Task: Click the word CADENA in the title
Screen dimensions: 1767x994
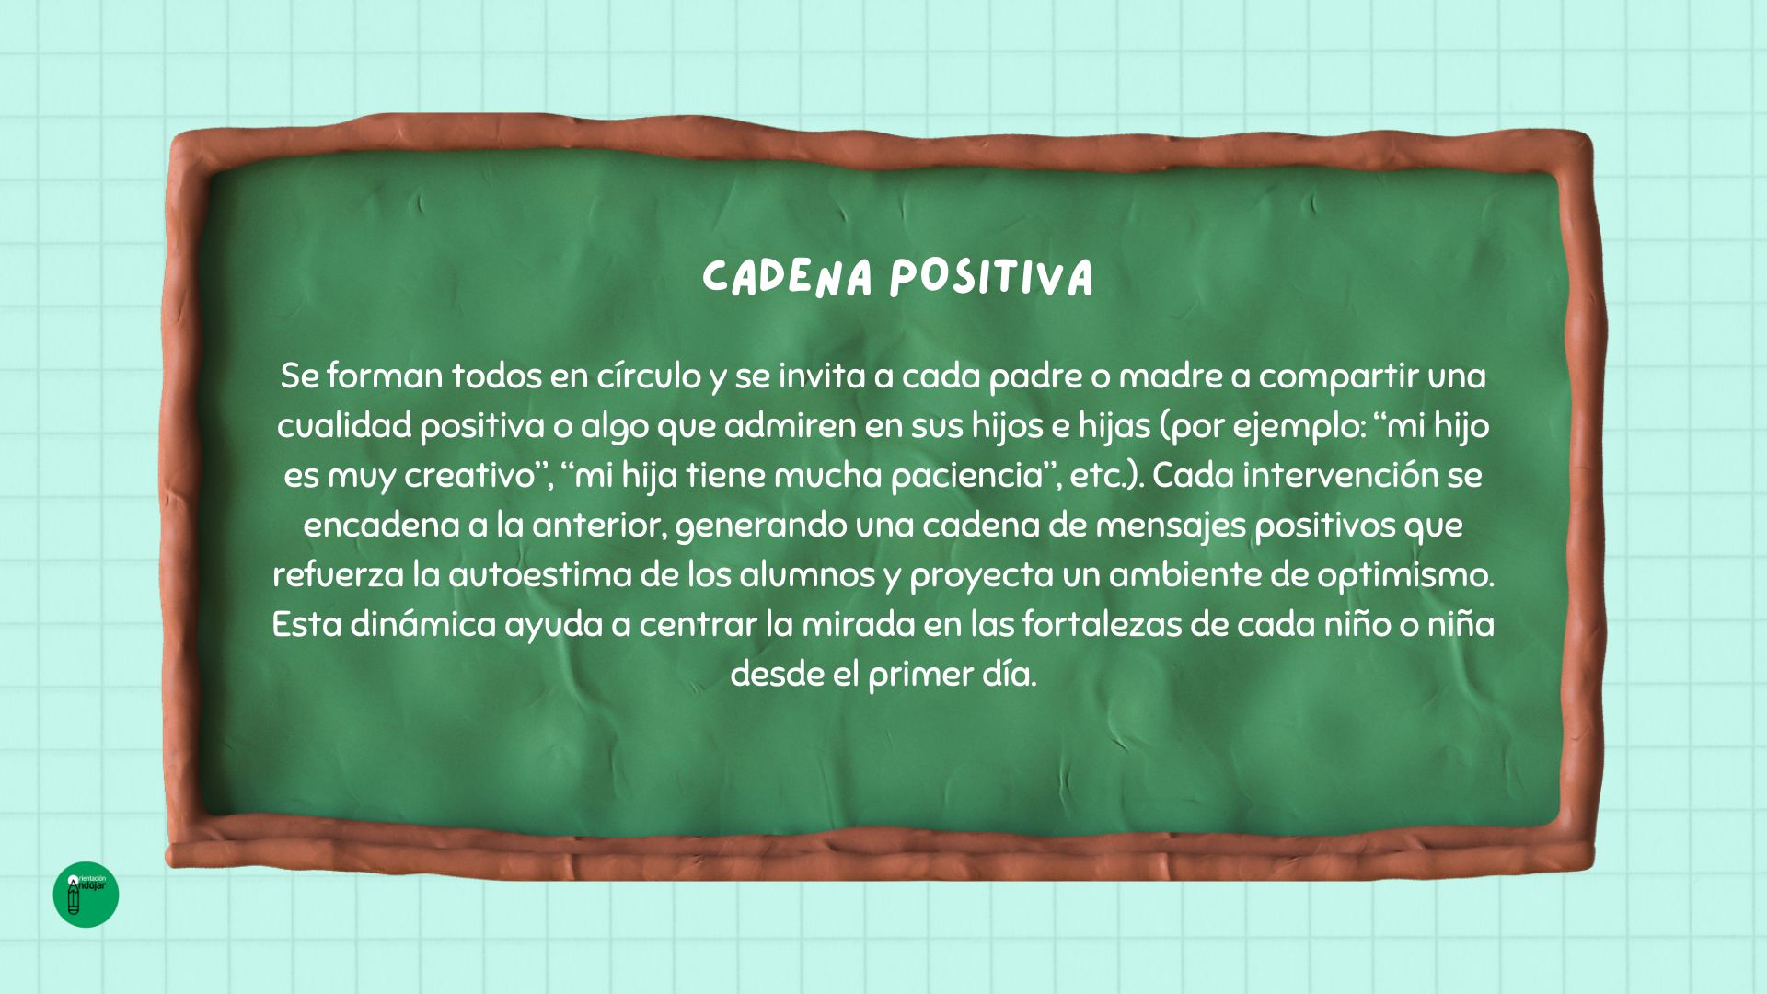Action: point(787,277)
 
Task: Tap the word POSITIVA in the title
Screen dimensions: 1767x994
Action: point(991,277)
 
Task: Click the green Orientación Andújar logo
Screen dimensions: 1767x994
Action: point(87,895)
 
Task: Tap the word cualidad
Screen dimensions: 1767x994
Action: point(344,425)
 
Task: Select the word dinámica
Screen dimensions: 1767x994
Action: point(422,624)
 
